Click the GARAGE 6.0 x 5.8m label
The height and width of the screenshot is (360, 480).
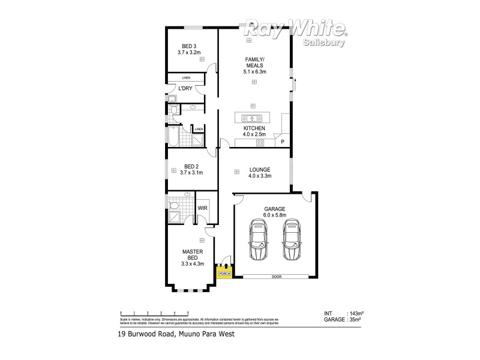point(275,212)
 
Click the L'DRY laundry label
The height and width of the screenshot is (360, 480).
point(185,89)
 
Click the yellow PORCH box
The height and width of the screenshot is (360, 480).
point(224,273)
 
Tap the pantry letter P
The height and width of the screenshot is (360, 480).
point(283,142)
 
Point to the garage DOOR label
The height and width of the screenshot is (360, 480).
point(277,277)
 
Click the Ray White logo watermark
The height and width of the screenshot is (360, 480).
point(295,28)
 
